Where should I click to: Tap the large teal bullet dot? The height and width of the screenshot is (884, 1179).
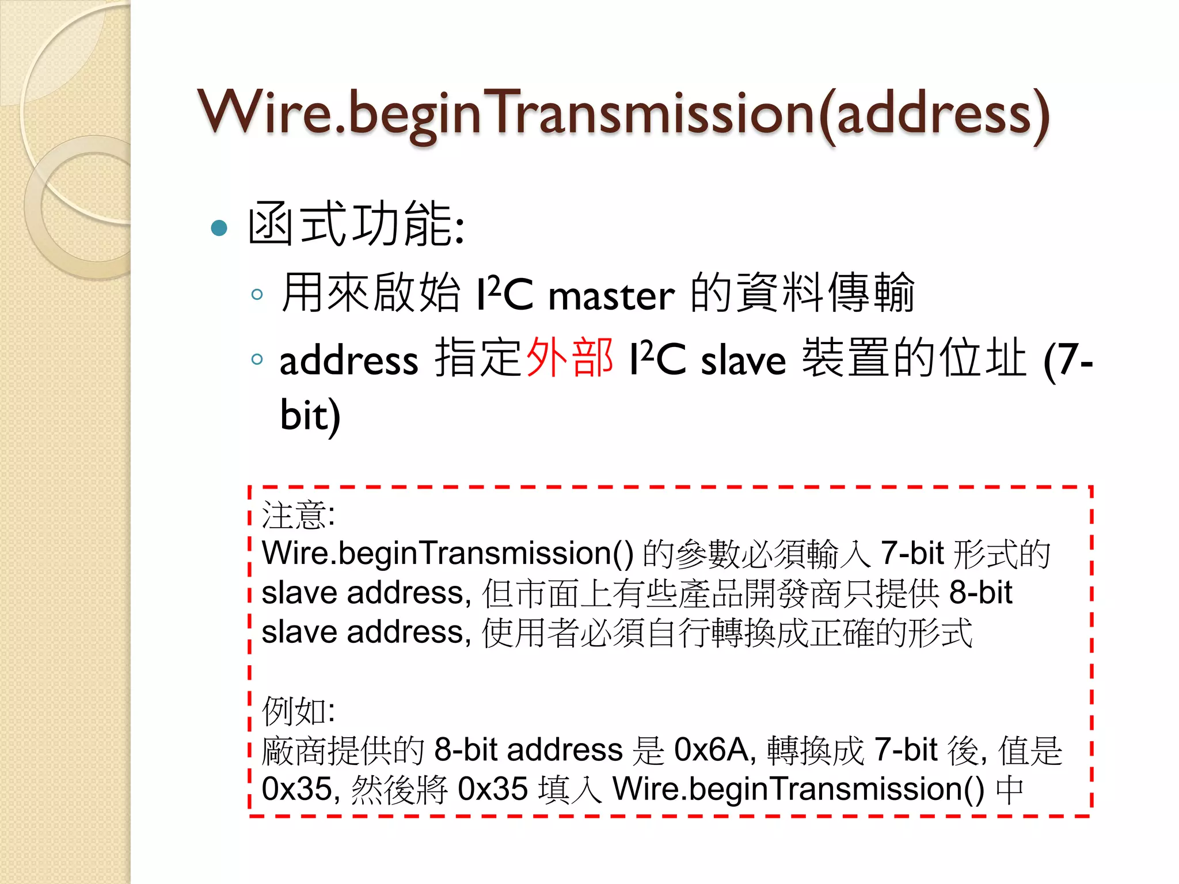point(219,228)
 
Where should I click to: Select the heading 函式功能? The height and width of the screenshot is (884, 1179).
point(356,225)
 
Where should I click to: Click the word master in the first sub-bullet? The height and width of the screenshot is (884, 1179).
point(611,296)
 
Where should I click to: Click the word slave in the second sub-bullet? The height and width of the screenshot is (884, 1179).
point(743,361)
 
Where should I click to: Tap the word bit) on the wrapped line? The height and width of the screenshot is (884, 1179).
point(310,415)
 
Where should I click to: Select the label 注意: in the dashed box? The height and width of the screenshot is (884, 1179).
point(298,515)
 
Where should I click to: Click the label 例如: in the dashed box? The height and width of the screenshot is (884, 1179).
point(298,711)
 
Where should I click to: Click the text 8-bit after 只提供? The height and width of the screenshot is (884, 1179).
point(980,592)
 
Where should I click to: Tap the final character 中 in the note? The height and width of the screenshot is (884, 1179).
point(1010,790)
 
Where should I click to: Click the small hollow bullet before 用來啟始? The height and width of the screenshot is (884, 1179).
point(257,295)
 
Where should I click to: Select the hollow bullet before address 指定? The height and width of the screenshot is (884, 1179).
point(257,360)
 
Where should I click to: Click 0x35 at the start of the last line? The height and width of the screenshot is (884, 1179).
point(297,789)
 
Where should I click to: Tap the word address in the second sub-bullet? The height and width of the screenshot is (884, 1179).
point(349,361)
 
